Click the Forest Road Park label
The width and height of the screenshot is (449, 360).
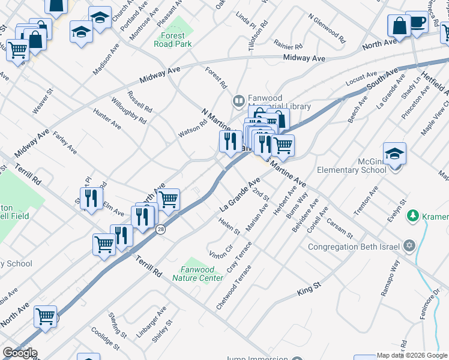[172, 40]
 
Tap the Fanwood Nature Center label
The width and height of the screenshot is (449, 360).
[197, 274]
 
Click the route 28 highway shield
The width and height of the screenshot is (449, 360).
[161, 229]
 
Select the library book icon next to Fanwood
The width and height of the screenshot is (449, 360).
[238, 101]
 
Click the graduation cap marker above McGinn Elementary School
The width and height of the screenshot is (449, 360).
[394, 154]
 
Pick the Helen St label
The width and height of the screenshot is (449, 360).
[229, 227]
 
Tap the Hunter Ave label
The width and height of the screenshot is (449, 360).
[107, 118]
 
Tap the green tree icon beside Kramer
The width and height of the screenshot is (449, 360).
[412, 215]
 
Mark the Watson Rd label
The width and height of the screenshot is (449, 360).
[192, 128]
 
